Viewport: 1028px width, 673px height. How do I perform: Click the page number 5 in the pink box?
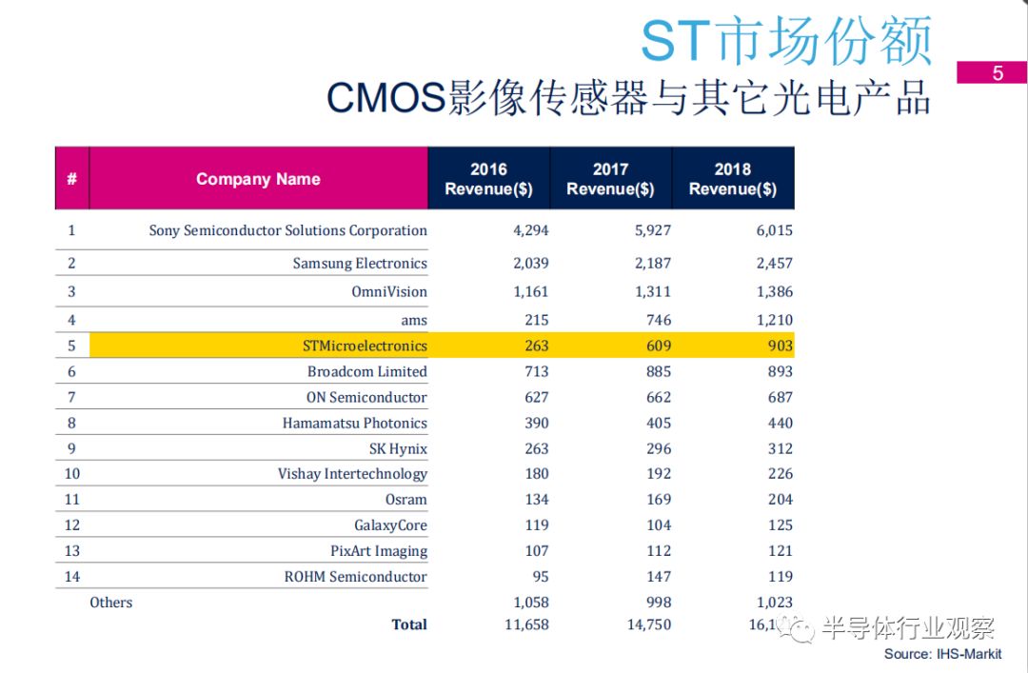click(997, 73)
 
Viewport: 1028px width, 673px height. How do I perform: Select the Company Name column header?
click(258, 179)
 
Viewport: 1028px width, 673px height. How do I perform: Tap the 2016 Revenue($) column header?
click(488, 179)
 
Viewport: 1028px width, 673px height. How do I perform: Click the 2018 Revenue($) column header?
click(732, 179)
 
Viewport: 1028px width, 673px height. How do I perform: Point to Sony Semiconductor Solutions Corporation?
click(287, 230)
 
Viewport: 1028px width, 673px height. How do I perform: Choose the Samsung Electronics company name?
click(360, 264)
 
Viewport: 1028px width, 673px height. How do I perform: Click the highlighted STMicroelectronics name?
click(365, 346)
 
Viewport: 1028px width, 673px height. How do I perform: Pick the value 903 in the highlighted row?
click(780, 346)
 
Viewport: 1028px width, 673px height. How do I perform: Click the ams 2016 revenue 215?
click(536, 321)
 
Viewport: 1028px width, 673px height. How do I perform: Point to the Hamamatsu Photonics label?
click(354, 424)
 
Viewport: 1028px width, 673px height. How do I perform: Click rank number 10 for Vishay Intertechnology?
click(71, 474)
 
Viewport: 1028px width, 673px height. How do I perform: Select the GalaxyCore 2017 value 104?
click(658, 525)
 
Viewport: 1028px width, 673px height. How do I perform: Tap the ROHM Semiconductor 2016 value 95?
click(540, 577)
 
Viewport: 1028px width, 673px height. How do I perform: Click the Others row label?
click(111, 603)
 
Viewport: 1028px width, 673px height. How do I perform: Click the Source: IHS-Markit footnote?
click(942, 654)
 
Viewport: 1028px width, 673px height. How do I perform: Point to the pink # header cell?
click(71, 179)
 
